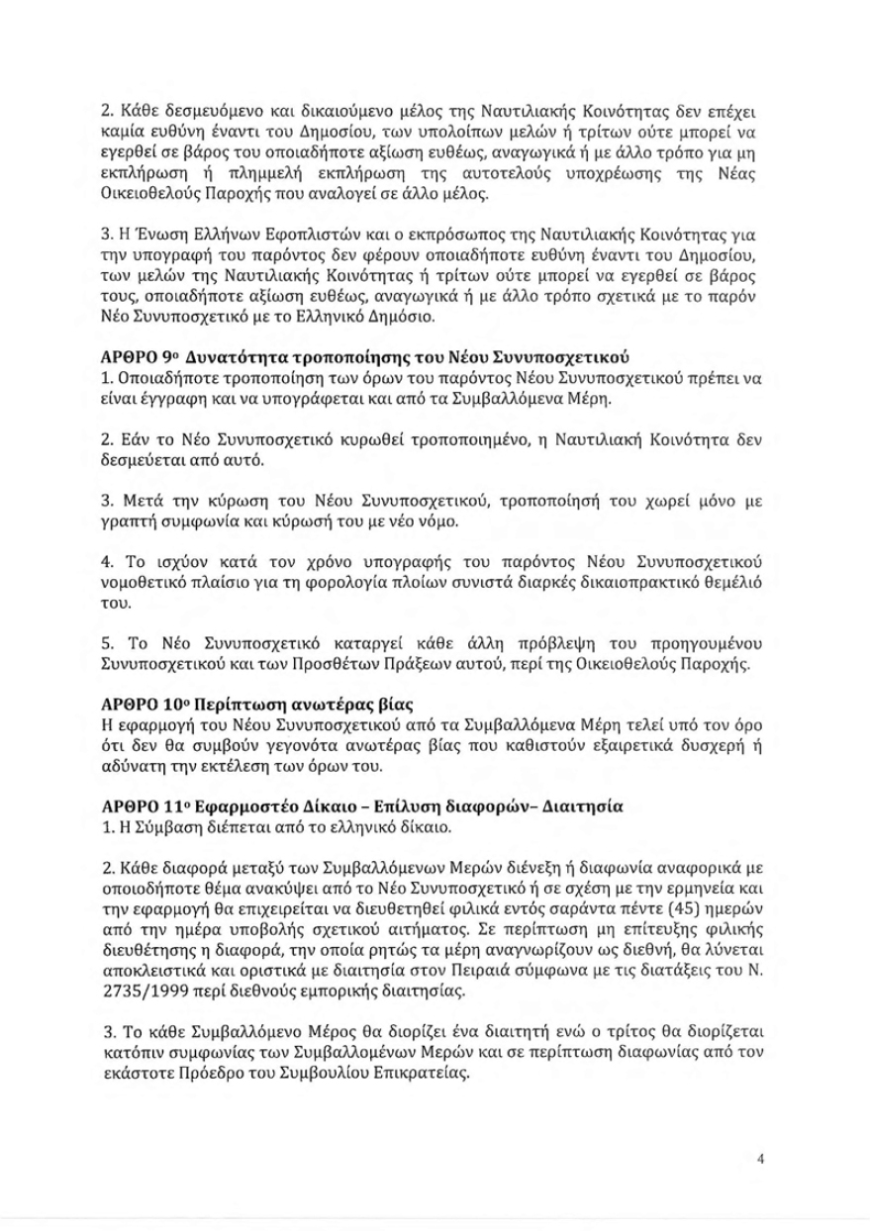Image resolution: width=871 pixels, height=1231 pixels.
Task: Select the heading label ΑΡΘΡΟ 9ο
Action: click(x=142, y=355)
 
